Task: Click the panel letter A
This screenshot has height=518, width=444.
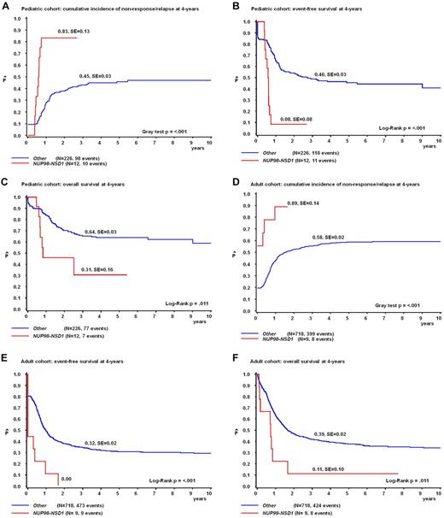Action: click(4, 4)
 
